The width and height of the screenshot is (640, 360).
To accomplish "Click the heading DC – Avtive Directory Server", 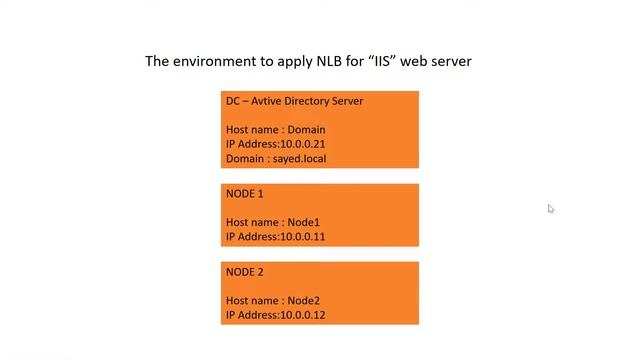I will click(294, 101).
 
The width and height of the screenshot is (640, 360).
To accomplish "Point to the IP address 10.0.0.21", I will click(303, 144).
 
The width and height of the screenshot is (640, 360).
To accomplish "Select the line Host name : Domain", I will click(275, 130).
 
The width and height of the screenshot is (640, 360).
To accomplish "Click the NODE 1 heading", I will click(245, 194).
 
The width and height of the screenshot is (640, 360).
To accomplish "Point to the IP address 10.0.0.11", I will click(303, 237).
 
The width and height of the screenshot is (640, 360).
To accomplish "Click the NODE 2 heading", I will click(245, 272).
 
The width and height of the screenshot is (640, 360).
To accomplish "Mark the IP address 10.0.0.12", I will click(303, 315).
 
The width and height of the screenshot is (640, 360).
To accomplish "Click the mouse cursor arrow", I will click(550, 208).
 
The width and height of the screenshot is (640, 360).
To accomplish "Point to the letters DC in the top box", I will click(233, 101).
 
